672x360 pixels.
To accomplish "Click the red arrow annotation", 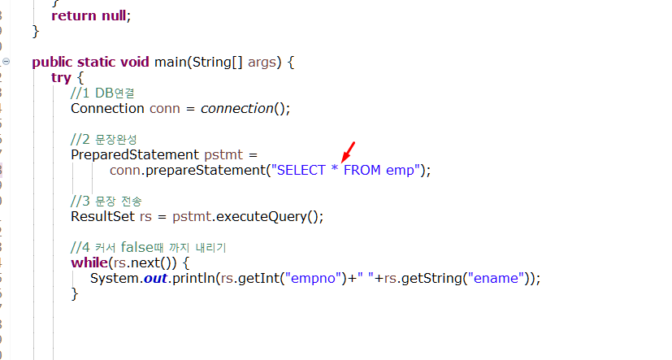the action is point(348,153).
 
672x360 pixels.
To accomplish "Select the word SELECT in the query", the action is point(301,170).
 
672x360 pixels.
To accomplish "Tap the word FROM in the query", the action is point(362,170).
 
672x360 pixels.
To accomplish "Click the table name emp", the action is point(400,171).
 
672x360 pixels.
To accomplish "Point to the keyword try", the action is point(61,77).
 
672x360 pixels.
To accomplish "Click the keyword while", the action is point(89,262).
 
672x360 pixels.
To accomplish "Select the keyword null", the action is point(114,15).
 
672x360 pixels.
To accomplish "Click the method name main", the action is point(171,62).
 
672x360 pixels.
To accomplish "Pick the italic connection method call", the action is point(237,108).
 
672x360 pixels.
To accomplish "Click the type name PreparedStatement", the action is point(135,154).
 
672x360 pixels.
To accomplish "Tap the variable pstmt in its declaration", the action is point(223,155).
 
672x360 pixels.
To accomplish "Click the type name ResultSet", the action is point(103,216).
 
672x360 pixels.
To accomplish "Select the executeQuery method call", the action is point(267,217).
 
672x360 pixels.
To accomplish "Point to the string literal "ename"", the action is point(496,278).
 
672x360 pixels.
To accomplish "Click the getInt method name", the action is point(258,279).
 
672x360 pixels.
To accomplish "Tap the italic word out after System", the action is point(155,279).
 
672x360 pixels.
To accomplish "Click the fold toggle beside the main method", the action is point(6,62).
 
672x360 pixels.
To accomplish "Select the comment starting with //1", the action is point(103,93).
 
